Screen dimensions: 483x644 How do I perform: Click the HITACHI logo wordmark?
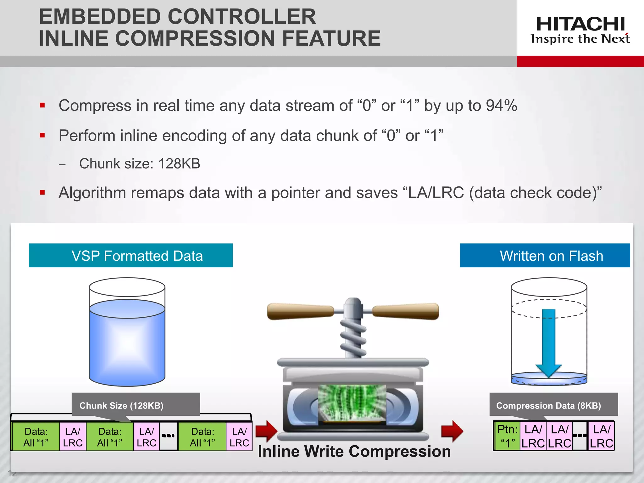click(x=580, y=24)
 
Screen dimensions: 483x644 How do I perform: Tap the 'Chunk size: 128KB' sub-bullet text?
click(x=140, y=164)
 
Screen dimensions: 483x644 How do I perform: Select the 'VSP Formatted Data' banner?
click(x=131, y=256)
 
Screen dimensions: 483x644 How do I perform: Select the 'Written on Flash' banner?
click(x=545, y=256)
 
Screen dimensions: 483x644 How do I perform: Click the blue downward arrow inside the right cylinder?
click(x=549, y=343)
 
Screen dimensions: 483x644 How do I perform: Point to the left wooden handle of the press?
click(x=300, y=311)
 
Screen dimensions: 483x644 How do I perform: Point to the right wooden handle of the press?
click(x=406, y=311)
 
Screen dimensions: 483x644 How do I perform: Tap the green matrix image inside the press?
click(x=352, y=402)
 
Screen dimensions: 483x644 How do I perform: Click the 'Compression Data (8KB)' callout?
click(x=553, y=405)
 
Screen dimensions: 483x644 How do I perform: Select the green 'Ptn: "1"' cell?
click(x=507, y=436)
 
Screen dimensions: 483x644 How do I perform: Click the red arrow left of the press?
click(x=266, y=431)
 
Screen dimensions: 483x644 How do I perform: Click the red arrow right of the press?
click(x=452, y=431)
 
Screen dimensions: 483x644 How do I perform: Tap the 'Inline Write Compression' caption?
click(x=354, y=452)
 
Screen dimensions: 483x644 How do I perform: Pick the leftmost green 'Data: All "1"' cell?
click(x=36, y=437)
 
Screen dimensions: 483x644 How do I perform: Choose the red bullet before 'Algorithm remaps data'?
click(x=42, y=192)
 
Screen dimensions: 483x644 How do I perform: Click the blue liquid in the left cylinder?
click(x=127, y=346)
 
